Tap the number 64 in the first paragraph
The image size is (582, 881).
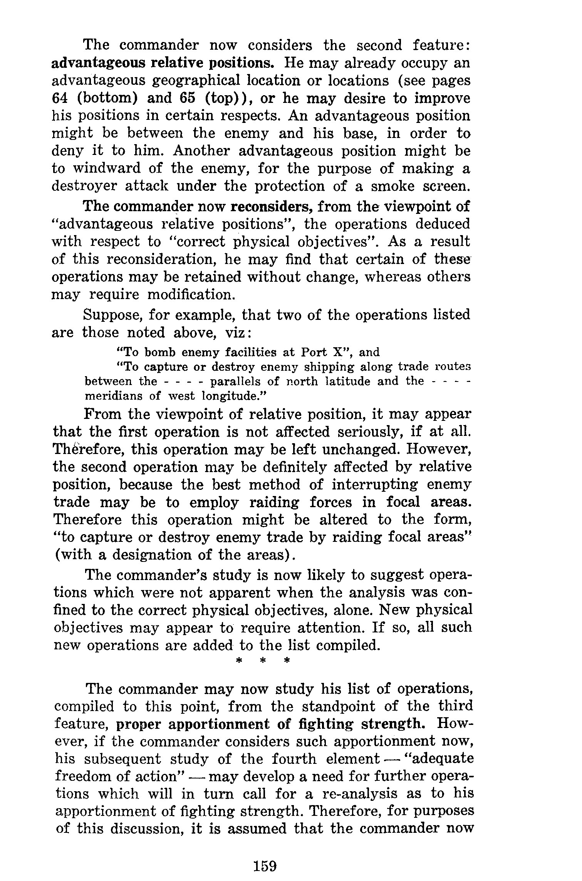click(60, 98)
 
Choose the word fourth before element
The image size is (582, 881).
click(294, 759)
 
